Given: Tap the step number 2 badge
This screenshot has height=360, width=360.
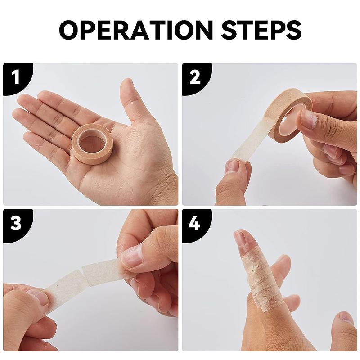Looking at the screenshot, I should (195, 77).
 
